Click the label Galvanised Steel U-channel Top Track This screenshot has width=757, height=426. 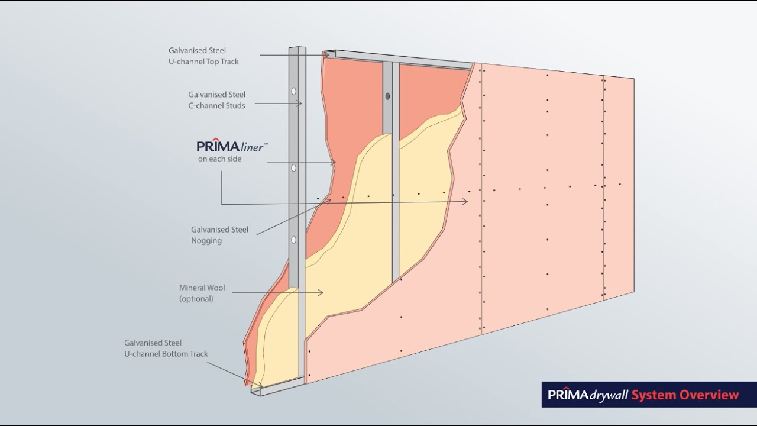[203, 56]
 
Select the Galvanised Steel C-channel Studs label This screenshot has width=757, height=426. [216, 99]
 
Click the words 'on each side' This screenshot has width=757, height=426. [219, 159]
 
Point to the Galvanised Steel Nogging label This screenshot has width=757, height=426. [219, 235]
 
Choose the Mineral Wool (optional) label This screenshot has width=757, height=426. [202, 293]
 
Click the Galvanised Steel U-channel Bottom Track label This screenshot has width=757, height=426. [166, 348]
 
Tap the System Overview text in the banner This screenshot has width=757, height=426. [685, 395]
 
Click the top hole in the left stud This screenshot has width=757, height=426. [294, 92]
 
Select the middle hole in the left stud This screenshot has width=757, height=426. [294, 168]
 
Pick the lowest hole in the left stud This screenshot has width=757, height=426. [293, 240]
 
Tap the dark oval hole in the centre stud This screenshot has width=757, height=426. [388, 96]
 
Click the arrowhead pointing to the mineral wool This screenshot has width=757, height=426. [321, 292]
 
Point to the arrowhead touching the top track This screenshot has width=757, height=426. [327, 55]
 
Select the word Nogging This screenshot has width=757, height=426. [206, 241]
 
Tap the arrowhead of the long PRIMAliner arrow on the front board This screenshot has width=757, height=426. [465, 202]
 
